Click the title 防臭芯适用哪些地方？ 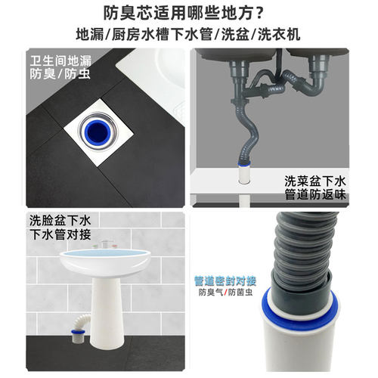189,14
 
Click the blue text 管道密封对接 225,277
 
